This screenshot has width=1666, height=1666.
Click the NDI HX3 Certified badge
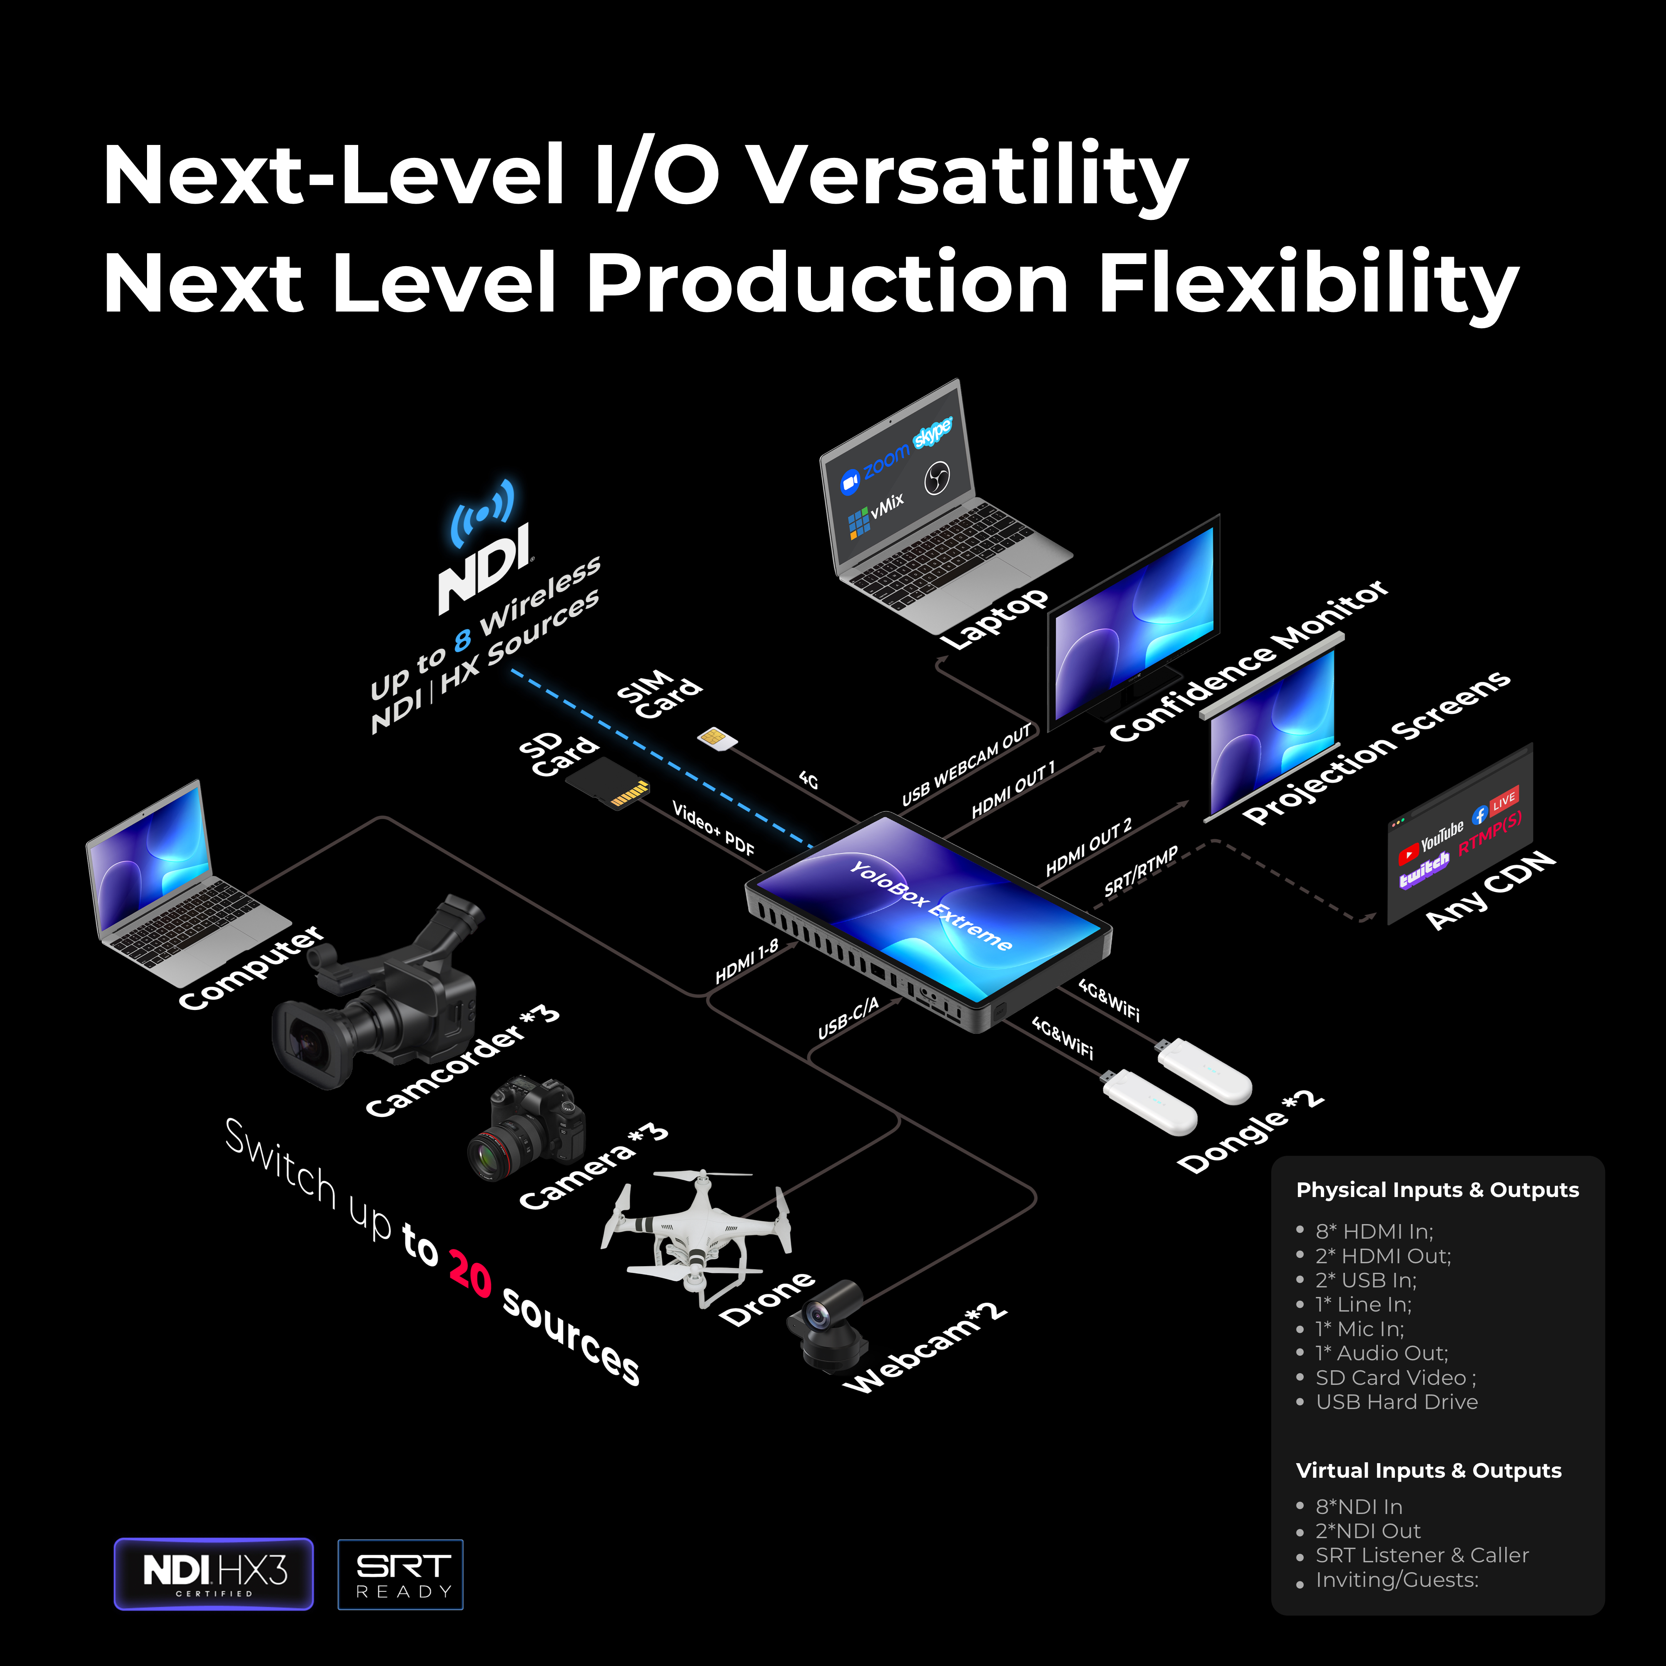point(214,1574)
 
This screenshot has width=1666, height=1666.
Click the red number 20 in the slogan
point(470,1272)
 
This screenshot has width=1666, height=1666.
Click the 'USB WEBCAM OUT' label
point(966,766)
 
